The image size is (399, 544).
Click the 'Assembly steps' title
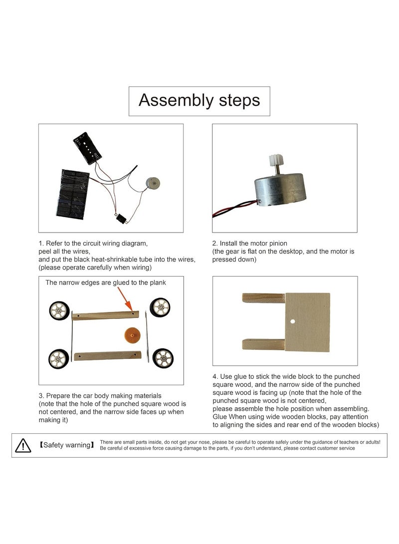pos(199,100)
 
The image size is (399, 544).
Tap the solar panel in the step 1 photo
pos(73,194)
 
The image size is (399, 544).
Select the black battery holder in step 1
pos(87,148)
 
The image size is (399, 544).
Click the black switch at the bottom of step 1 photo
pos(121,219)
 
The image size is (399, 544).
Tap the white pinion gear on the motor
pos(276,161)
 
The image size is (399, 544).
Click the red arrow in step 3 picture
pos(125,299)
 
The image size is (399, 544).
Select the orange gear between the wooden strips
pos(132,334)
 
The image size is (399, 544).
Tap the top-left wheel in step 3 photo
pos(59,310)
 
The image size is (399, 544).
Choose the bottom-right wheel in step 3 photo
pos(163,358)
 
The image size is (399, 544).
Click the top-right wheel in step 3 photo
pos(160,307)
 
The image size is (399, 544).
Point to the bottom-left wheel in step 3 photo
pos(58,359)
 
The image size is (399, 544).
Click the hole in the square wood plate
pos(293,321)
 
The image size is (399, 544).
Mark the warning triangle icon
pos(23,446)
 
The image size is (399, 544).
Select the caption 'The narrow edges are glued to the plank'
pos(106,283)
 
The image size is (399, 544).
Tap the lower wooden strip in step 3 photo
pos(107,356)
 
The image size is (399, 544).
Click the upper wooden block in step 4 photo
pos(263,298)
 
